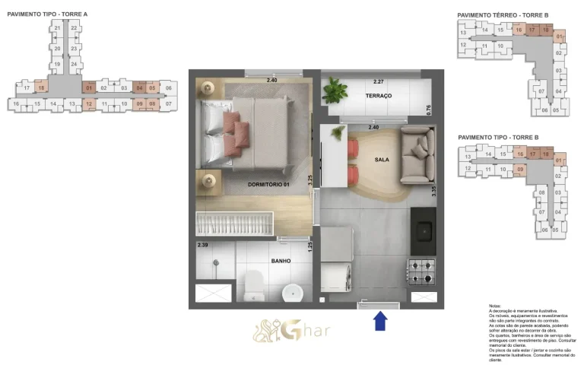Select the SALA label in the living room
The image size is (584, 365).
(382, 160)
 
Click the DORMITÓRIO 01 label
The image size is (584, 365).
(269, 184)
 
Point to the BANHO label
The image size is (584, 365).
(281, 261)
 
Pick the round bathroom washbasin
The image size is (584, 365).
(291, 291)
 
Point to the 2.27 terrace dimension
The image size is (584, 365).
(379, 81)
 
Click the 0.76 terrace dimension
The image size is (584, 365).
(429, 109)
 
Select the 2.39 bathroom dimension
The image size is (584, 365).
(202, 246)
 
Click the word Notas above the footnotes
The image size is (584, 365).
(494, 305)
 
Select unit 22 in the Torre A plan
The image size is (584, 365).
(74, 28)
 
